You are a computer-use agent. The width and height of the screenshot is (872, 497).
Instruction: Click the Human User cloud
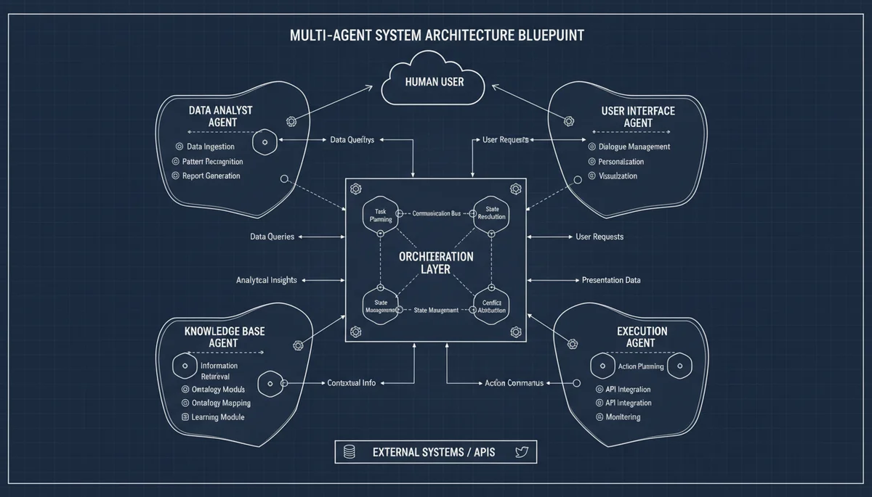pyautogui.click(x=433, y=81)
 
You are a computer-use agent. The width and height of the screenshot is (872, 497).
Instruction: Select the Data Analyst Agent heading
pyautogui.click(x=220, y=117)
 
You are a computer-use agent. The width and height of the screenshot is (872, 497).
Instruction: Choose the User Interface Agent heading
pyautogui.click(x=638, y=117)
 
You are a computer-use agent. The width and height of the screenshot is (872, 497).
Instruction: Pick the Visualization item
pyautogui.click(x=618, y=176)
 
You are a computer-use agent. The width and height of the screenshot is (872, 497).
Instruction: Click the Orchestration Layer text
pyautogui.click(x=436, y=263)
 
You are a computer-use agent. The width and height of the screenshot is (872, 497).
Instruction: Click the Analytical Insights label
pyautogui.click(x=266, y=280)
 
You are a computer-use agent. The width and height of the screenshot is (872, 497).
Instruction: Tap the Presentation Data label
pyautogui.click(x=611, y=280)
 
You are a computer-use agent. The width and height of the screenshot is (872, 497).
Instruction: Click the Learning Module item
pyautogui.click(x=217, y=417)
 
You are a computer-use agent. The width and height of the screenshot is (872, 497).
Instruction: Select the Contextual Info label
pyautogui.click(x=351, y=382)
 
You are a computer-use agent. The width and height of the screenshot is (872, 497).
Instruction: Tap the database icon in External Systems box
pyautogui.click(x=350, y=452)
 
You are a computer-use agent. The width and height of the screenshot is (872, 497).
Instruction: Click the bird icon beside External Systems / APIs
pyautogui.click(x=521, y=452)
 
